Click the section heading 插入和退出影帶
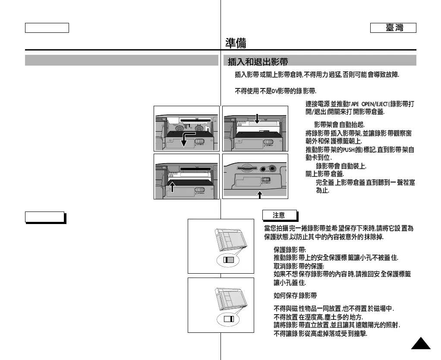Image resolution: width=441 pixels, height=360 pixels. [258, 62]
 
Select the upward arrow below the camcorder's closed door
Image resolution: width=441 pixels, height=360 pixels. [260, 195]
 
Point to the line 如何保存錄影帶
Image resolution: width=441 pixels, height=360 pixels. [295, 296]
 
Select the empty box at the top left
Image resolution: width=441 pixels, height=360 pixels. [47, 28]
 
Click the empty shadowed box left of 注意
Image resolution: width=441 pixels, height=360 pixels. [44, 217]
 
